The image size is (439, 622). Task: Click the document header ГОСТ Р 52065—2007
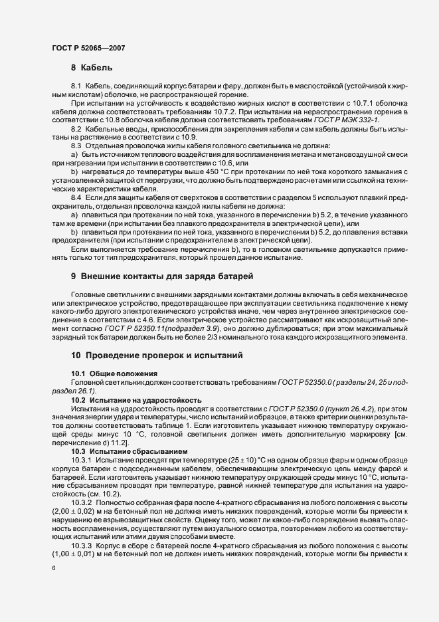point(88,48)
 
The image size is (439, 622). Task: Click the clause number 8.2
point(76,128)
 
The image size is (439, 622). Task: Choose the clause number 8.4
point(76,198)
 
